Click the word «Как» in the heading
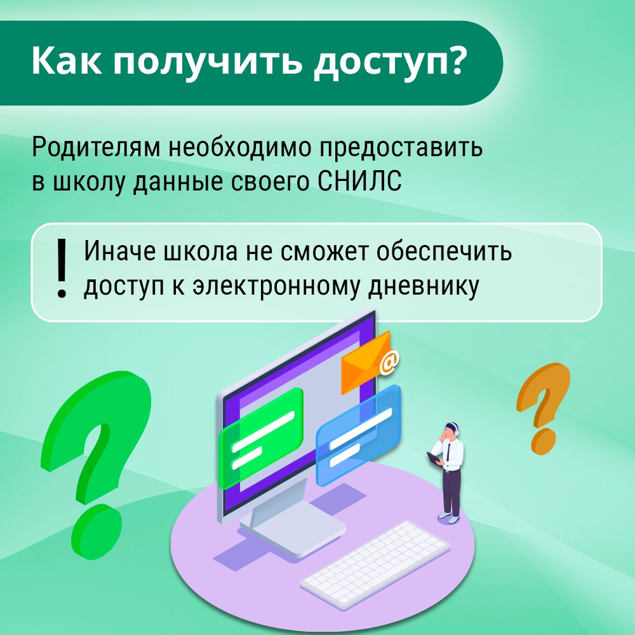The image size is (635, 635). pos(67,60)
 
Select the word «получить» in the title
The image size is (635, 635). pos(208,63)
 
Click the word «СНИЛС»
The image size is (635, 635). pos(359,180)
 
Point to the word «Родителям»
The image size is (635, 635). pos(96,147)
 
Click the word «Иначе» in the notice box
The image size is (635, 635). pos(120,251)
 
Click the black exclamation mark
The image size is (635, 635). pos(62,268)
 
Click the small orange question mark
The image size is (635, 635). pos(543,407)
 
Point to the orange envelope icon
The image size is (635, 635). pos(365,362)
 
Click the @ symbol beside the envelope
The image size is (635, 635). pos(389,362)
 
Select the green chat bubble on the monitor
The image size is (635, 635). pos(261,438)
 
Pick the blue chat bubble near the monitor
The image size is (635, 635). pos(358,436)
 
